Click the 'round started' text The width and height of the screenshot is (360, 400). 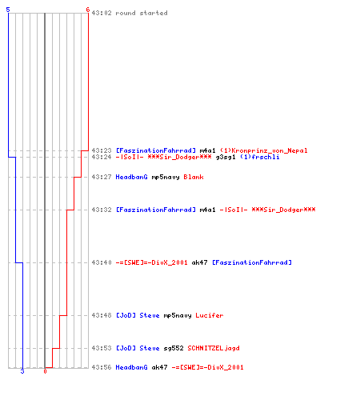coord(142,13)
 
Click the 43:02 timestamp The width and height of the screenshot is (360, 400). coord(102,13)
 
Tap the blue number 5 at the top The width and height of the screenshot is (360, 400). coord(8,10)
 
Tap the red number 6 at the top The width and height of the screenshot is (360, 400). coord(88,10)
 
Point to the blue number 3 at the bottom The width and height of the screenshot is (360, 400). coord(22,371)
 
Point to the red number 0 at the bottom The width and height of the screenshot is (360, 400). coord(45,371)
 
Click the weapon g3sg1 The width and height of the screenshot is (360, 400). coord(226,157)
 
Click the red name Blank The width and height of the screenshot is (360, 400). coord(194,177)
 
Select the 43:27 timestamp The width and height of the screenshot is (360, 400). coord(102,177)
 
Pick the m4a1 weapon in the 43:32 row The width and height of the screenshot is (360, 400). coord(207,210)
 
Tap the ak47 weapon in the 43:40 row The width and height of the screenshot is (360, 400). coord(199,262)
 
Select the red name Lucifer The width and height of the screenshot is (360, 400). coord(210,315)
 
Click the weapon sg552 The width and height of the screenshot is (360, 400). coord(174,348)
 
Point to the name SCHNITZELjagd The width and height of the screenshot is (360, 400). coord(214,348)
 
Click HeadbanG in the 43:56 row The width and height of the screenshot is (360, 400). coord(131,367)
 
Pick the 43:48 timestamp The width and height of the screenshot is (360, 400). coord(102,315)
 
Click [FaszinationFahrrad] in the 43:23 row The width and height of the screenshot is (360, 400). coord(156,150)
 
